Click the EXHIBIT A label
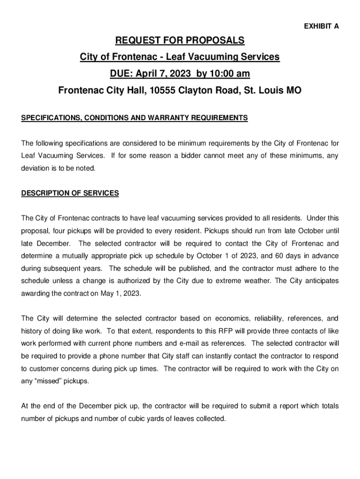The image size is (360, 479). tap(322, 27)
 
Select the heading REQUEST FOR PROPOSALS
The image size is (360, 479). tap(180, 41)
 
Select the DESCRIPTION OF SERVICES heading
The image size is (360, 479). tap(70, 193)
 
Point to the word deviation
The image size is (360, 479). tap(36, 168)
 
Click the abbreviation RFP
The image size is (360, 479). tap(226, 332)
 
